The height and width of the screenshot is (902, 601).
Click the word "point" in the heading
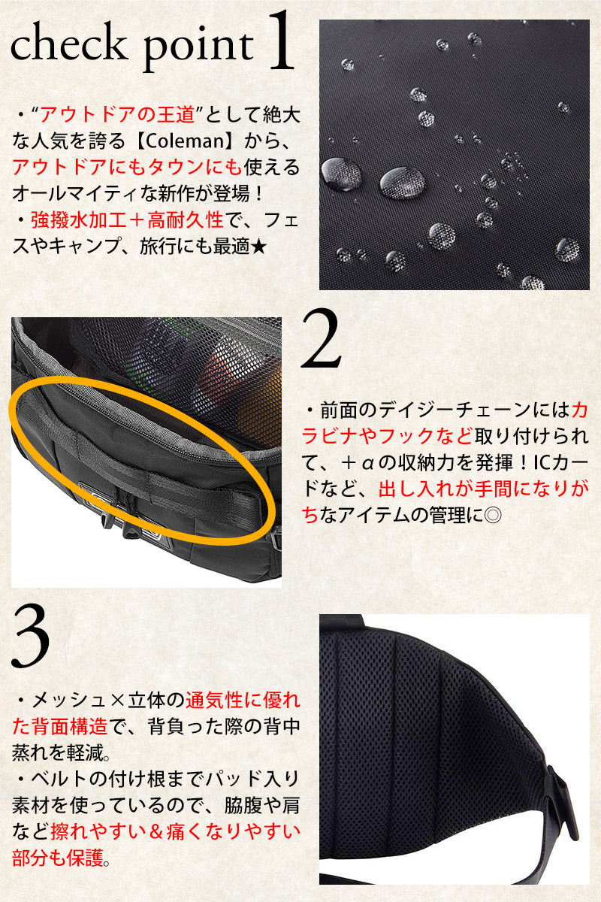tap(198, 47)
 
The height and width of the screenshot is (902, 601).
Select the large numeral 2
tap(322, 337)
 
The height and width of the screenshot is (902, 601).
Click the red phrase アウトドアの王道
tap(117, 114)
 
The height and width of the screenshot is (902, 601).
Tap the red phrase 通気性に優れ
tap(243, 701)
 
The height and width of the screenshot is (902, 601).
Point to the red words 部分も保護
tap(58, 858)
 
